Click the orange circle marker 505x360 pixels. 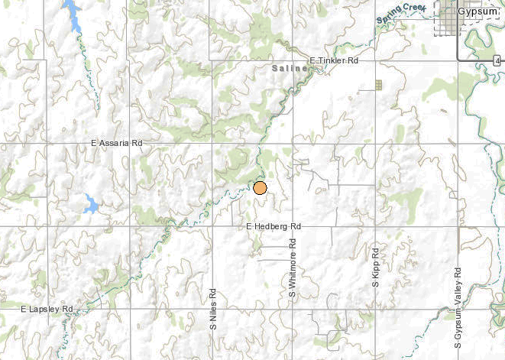tap(260, 188)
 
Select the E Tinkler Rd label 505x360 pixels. tap(334, 60)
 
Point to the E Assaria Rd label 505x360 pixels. tap(116, 143)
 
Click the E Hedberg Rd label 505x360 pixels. tap(274, 227)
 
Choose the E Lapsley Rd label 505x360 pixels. tap(47, 309)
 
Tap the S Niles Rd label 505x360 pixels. tap(213, 308)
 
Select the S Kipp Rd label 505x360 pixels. tap(376, 267)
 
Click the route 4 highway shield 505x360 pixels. tap(496, 60)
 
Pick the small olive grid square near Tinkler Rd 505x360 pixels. tap(378, 85)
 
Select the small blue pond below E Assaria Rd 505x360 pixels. tap(91, 204)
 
